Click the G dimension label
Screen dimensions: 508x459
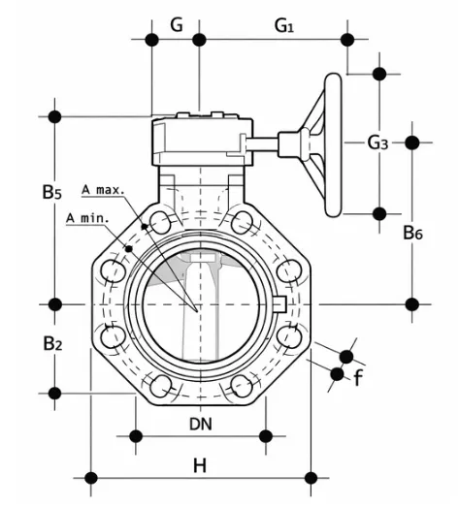(176, 24)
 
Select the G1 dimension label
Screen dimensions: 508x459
(284, 25)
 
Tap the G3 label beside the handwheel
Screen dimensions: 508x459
(377, 143)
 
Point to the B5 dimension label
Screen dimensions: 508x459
(52, 193)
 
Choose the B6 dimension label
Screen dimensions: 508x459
(412, 232)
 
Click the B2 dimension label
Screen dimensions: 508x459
(52, 343)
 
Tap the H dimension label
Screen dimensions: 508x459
(199, 465)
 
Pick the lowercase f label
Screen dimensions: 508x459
(358, 377)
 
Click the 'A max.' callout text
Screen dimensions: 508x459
(103, 189)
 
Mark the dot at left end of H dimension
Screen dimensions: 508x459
(91, 478)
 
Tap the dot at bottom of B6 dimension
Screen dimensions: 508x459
(412, 303)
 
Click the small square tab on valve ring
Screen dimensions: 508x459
(279, 304)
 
